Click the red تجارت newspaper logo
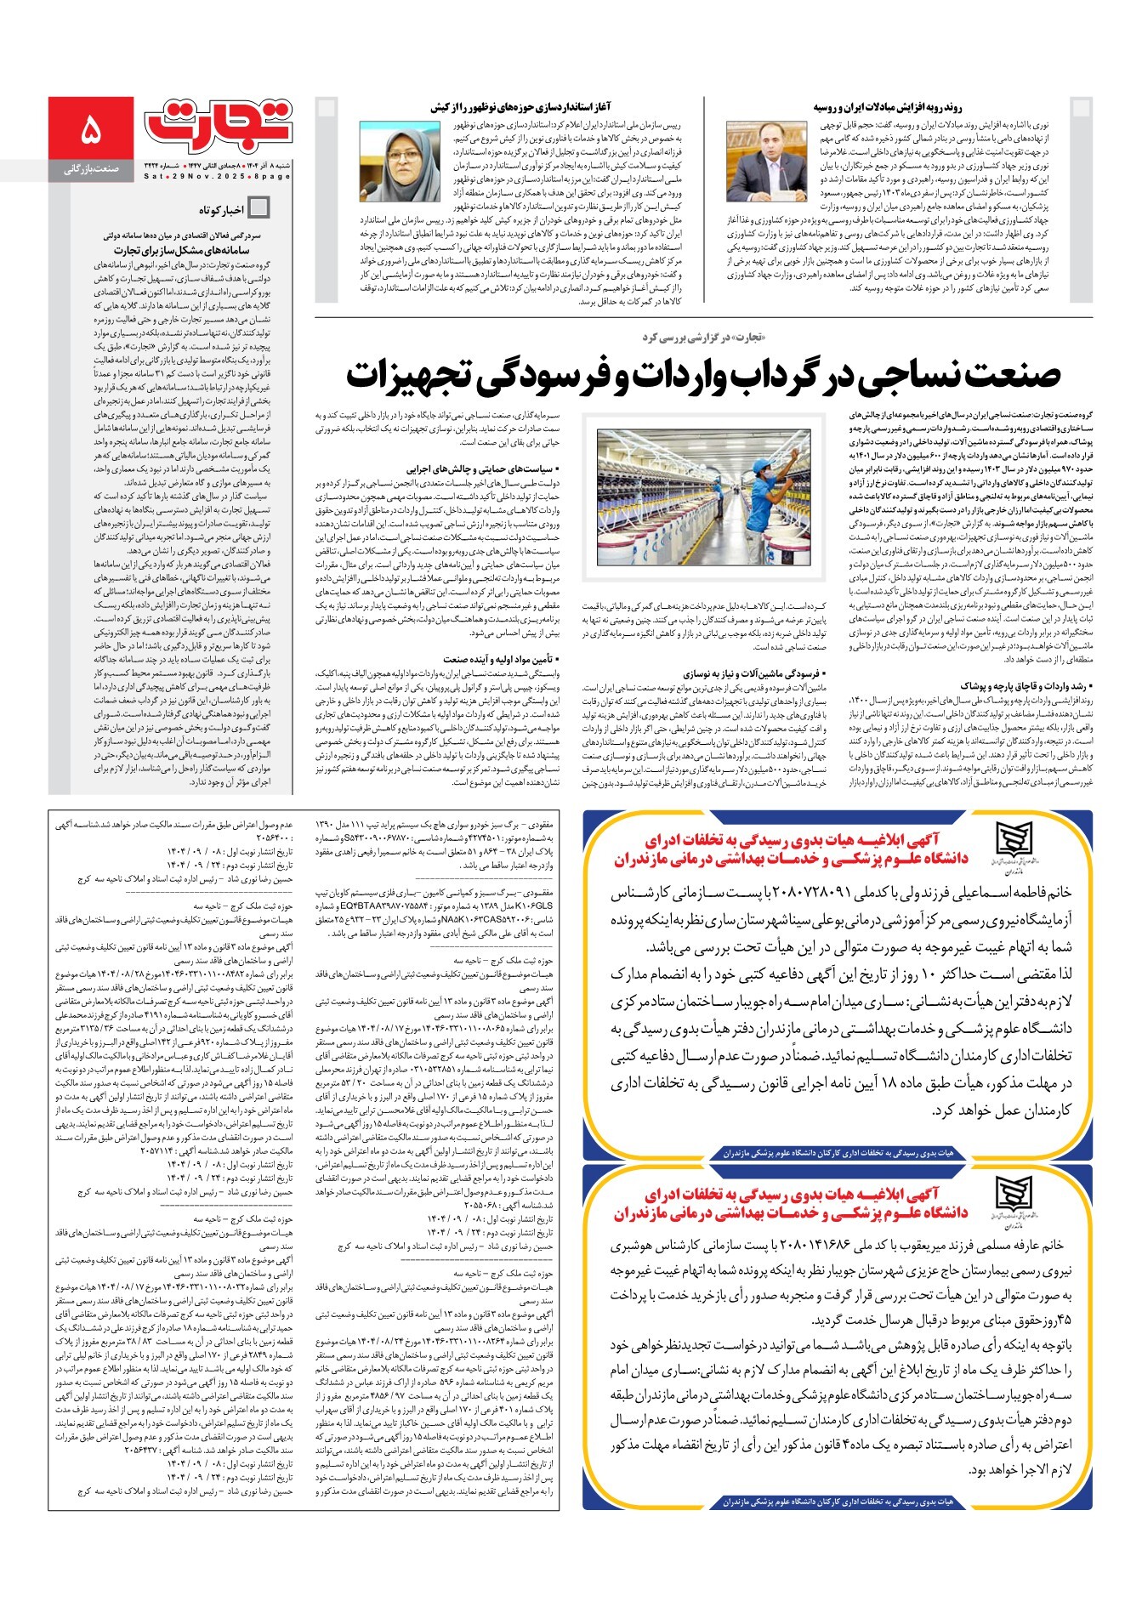tap(218, 123)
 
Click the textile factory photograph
tap(703, 497)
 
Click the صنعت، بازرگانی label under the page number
tap(91, 170)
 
